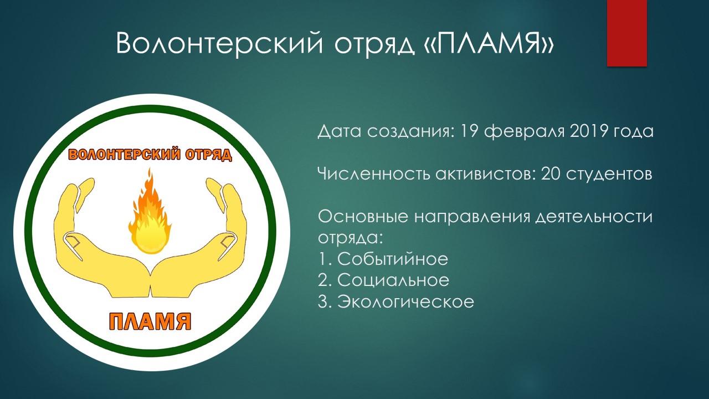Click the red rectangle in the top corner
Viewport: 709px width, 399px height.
pyautogui.click(x=626, y=33)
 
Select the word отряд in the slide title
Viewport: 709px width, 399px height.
pyautogui.click(x=374, y=45)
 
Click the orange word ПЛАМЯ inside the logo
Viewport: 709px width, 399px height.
pyautogui.click(x=150, y=321)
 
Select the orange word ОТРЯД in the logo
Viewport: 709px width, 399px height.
pyautogui.click(x=209, y=155)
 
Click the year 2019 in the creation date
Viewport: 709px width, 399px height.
pyautogui.click(x=588, y=131)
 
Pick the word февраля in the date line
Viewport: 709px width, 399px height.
pyautogui.click(x=523, y=132)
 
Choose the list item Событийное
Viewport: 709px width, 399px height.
pyautogui.click(x=393, y=259)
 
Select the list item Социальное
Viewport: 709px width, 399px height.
pyautogui.click(x=393, y=280)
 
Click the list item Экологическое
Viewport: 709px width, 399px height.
pyautogui.click(x=405, y=301)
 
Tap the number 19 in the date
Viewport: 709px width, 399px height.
pyautogui.click(x=469, y=131)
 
